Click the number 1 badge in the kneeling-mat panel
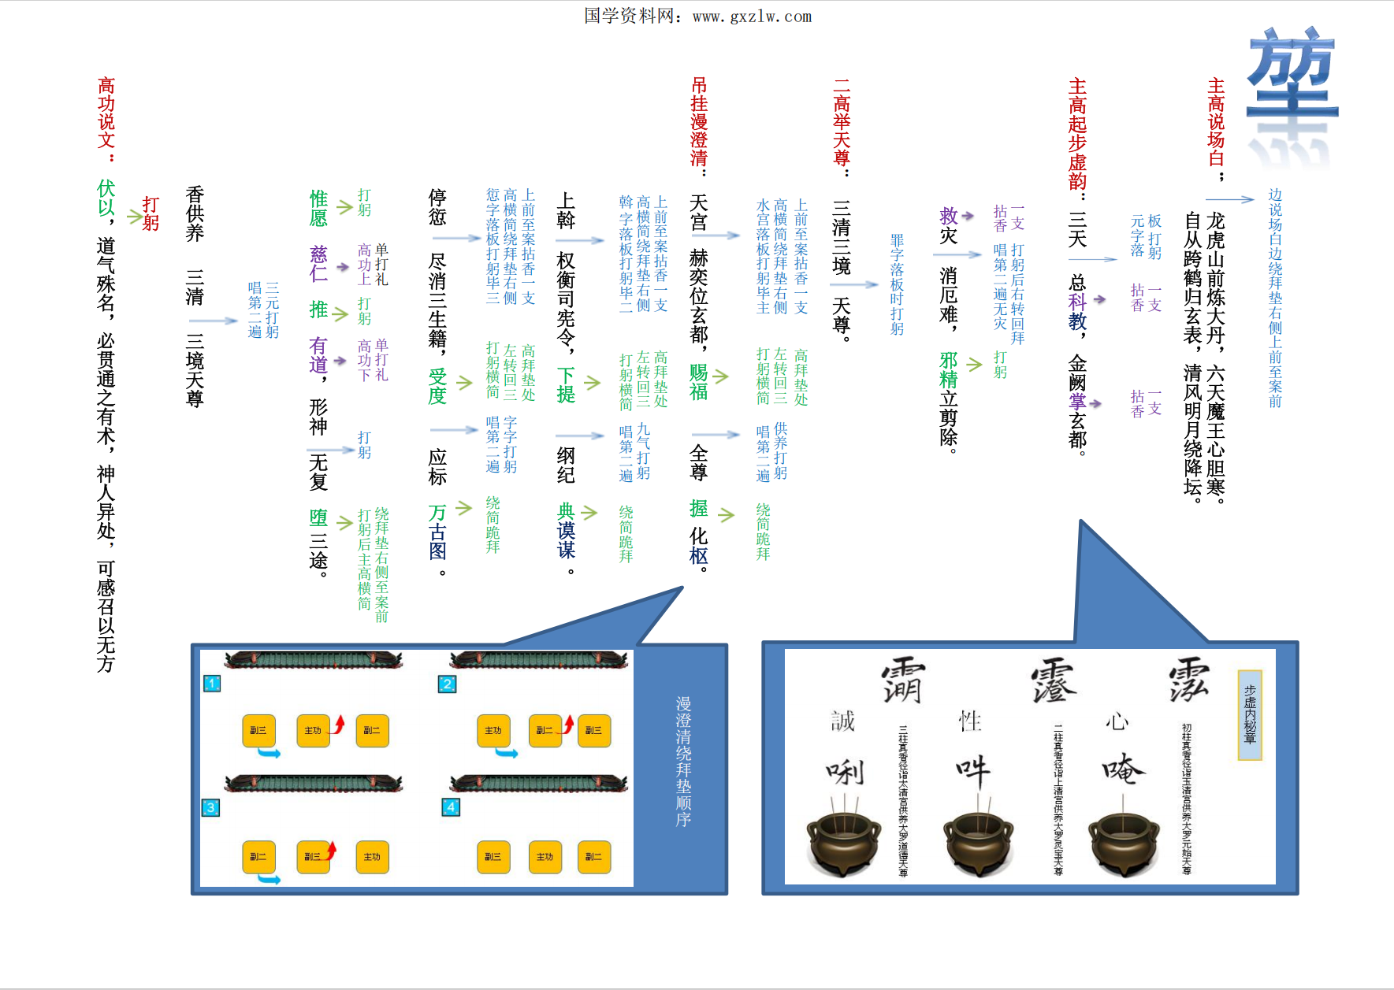point(211,684)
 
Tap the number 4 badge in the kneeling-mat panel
point(450,807)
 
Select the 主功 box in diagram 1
point(313,731)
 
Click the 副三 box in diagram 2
point(593,731)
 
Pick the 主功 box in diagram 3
point(372,857)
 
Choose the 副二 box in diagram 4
point(593,857)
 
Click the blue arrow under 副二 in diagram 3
point(270,879)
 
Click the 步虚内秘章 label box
point(1250,714)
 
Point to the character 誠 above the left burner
point(842,721)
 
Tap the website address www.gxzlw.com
point(752,17)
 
